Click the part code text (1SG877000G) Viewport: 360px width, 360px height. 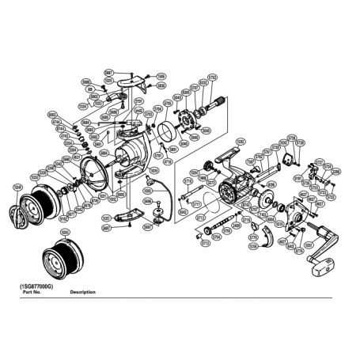pyautogui.click(x=38, y=286)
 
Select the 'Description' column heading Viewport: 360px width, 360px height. pyautogui.click(x=83, y=292)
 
